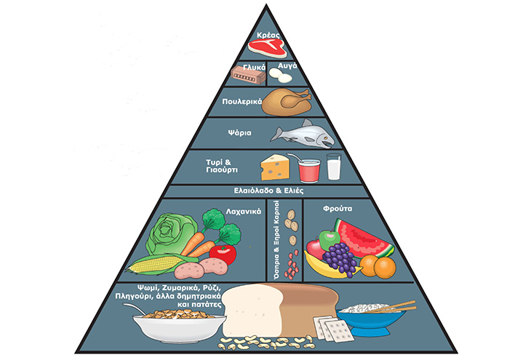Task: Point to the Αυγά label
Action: tap(286, 65)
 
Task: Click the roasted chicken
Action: tap(285, 101)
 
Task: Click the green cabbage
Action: tap(171, 232)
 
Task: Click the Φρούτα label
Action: tap(338, 207)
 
